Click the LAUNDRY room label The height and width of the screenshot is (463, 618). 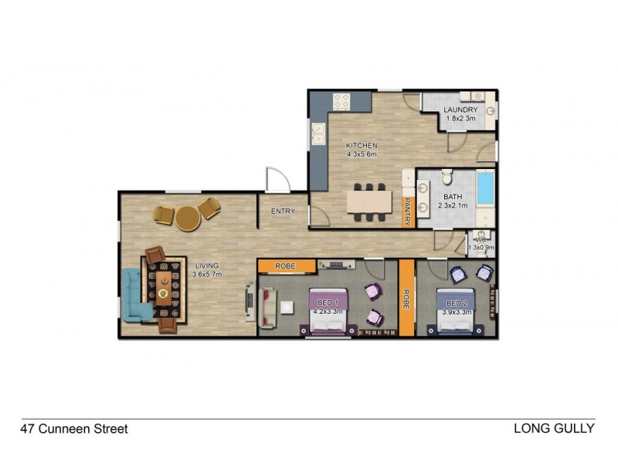460,110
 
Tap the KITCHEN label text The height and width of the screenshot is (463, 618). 361,145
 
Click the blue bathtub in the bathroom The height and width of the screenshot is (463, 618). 484,188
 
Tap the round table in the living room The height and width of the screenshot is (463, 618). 188,218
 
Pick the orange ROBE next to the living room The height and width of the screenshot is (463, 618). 286,266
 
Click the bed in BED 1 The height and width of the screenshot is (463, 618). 327,313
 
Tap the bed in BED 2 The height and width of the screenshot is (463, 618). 454,313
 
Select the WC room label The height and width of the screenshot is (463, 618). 480,240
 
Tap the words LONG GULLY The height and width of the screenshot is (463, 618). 554,428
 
